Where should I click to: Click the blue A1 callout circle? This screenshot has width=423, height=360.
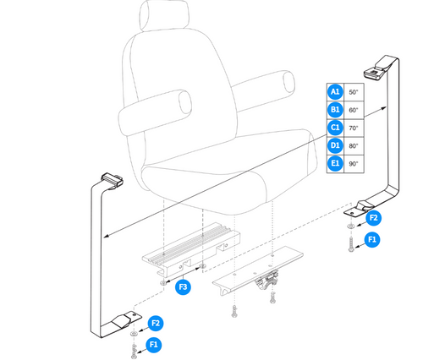pos(335,91)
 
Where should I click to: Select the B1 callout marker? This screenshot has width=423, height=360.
pos(335,110)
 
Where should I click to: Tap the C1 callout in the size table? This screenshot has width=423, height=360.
pos(335,128)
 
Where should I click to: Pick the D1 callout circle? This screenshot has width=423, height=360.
pos(335,146)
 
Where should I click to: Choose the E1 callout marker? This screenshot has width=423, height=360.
pos(335,164)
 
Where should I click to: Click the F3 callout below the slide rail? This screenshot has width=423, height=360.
pos(183,287)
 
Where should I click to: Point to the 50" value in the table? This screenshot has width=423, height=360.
pos(354,91)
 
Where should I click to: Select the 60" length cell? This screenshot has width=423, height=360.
pos(354,110)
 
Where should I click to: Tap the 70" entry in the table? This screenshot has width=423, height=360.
pos(354,128)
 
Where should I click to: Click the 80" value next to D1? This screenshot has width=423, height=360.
pos(354,146)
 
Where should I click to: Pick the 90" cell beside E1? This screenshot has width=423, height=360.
pos(354,164)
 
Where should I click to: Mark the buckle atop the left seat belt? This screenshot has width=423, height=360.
pos(111,177)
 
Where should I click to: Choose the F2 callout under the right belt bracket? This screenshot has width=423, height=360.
pos(372,218)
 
